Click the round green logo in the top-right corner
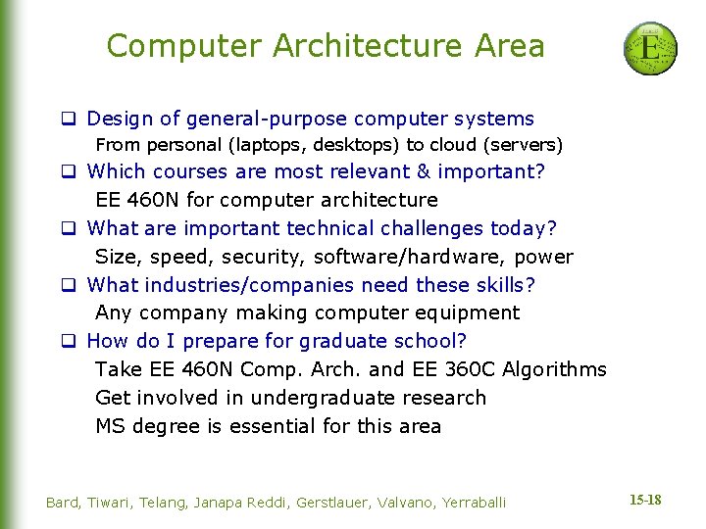650,49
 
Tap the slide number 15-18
645,501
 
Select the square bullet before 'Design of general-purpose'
70,120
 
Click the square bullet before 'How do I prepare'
70,342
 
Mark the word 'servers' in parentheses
529,146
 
